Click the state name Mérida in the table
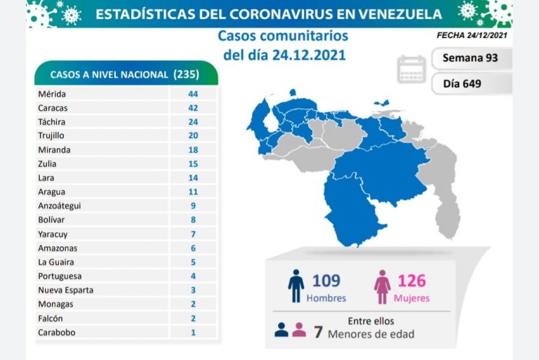tap(53, 93)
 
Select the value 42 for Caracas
tap(193, 107)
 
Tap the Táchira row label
tap(53, 121)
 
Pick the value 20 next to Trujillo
tap(193, 135)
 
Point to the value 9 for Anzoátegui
tap(193, 206)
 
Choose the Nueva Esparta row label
tap(65, 290)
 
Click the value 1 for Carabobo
tap(193, 332)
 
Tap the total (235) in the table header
tap(185, 74)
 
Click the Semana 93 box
tap(470, 58)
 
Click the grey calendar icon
tap(411, 69)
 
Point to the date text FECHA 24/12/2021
tap(472, 34)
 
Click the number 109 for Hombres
tap(326, 281)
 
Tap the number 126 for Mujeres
tap(411, 281)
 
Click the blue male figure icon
tap(295, 286)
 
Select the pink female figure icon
tap(382, 286)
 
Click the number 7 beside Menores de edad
tap(318, 332)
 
